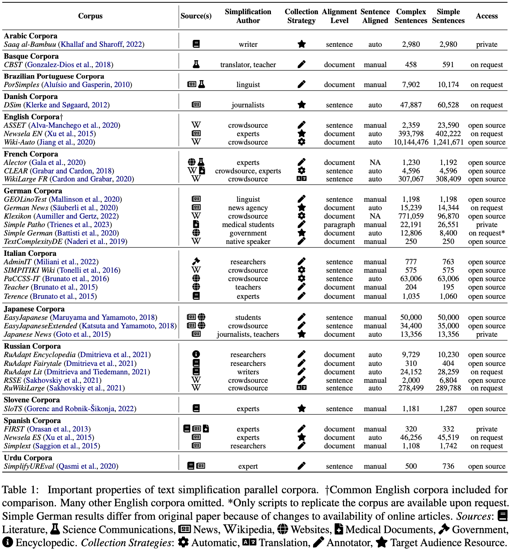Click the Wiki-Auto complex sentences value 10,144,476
coord(411,142)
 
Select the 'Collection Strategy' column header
coord(301,16)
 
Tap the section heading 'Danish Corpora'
coord(31,97)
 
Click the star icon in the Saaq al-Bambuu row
coord(302,44)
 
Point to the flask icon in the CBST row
coord(196,64)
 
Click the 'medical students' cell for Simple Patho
coord(248,225)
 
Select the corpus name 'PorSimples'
coord(21,85)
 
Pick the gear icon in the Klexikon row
coord(302,216)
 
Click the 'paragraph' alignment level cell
coord(339,225)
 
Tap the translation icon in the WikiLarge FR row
coord(302,179)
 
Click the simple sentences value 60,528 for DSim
coord(448,105)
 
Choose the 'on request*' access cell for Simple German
coord(486,233)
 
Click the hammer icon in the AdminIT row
coord(196,262)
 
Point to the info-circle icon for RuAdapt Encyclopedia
coord(196,354)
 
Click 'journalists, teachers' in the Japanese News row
coord(248,334)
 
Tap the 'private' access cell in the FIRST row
coord(486,429)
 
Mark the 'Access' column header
coord(486,16)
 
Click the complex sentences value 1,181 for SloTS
coord(411,409)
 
